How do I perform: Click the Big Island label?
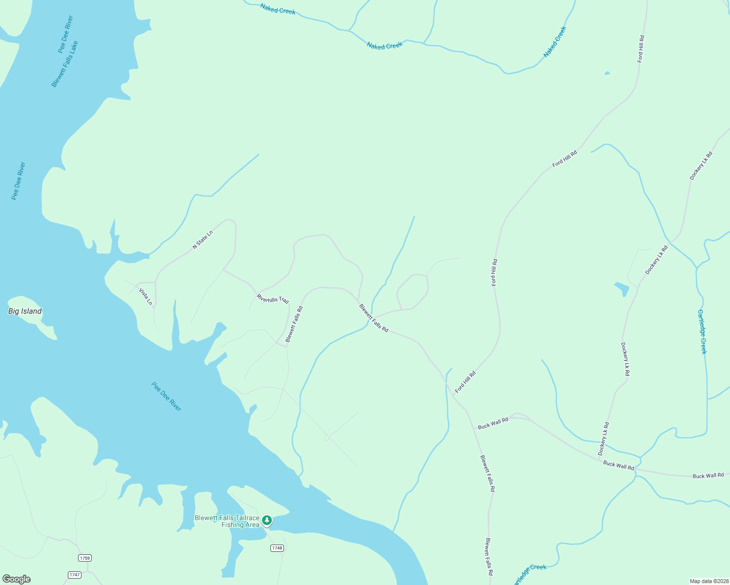click(25, 311)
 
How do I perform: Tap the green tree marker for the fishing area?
click(267, 521)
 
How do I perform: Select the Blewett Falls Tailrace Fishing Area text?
click(227, 521)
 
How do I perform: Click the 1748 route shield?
click(277, 548)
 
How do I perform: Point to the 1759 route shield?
click(84, 558)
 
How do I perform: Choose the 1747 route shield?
click(74, 575)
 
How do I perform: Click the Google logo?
click(17, 579)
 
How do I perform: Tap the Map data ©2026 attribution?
click(708, 581)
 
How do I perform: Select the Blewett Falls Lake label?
click(65, 64)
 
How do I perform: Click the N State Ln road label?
click(203, 240)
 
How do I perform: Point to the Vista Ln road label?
click(145, 296)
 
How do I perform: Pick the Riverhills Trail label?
click(273, 298)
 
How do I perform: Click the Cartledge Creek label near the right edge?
click(702, 331)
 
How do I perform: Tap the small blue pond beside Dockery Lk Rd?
click(622, 289)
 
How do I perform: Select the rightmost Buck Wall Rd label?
click(708, 475)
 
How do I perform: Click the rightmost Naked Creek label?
click(555, 41)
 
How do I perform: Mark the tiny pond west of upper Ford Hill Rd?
click(607, 73)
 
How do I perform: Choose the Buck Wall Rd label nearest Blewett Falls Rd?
click(493, 423)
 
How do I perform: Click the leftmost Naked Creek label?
click(278, 9)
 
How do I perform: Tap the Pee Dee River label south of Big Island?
click(166, 396)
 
